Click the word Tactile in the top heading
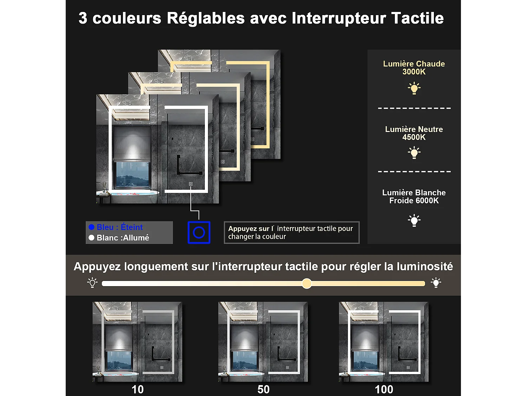pyautogui.click(x=417, y=18)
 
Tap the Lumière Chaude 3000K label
pyautogui.click(x=414, y=68)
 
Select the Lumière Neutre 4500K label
pyautogui.click(x=414, y=133)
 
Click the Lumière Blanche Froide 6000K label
pyautogui.click(x=414, y=196)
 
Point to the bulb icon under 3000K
pyautogui.click(x=414, y=88)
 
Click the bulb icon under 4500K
pyautogui.click(x=414, y=153)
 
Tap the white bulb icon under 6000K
pyautogui.click(x=414, y=220)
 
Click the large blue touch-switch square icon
pyautogui.click(x=199, y=232)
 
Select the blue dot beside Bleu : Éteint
pyautogui.click(x=92, y=227)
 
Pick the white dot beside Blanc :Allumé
pyautogui.click(x=92, y=238)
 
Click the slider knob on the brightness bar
pyautogui.click(x=307, y=283)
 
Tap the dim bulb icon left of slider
pyautogui.click(x=92, y=283)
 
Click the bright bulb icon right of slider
pyautogui.click(x=436, y=283)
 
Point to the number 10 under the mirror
pyautogui.click(x=137, y=389)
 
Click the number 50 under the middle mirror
pyautogui.click(x=263, y=389)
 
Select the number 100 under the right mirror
pyautogui.click(x=384, y=389)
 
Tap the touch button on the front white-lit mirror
pyautogui.click(x=191, y=184)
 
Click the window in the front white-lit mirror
pyautogui.click(x=132, y=174)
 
